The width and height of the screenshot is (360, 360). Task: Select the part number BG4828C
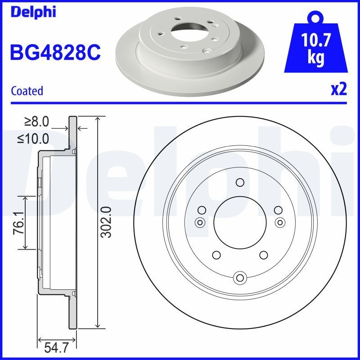click(x=55, y=53)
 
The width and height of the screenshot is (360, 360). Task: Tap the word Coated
click(x=27, y=91)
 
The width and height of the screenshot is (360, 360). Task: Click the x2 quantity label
click(x=339, y=90)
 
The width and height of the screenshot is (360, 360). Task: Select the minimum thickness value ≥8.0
click(x=36, y=122)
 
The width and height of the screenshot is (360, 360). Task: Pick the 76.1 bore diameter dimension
click(x=18, y=223)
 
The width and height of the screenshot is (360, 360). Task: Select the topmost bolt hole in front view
click(x=240, y=182)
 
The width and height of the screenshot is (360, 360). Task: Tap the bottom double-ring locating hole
click(x=240, y=278)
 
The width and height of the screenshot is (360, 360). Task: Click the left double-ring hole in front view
click(x=199, y=222)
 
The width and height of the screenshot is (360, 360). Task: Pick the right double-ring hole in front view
click(x=280, y=222)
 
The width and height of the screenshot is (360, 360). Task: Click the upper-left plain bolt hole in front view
click(x=202, y=209)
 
